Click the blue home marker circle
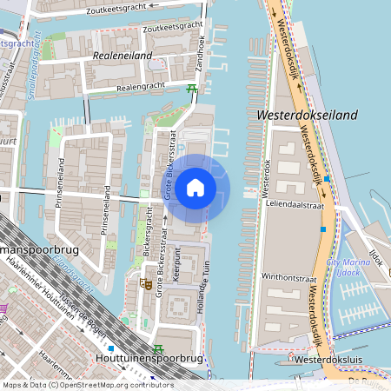point(195,188)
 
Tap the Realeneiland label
point(122,56)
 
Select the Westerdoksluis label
point(326,358)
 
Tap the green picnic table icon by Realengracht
point(191,88)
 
